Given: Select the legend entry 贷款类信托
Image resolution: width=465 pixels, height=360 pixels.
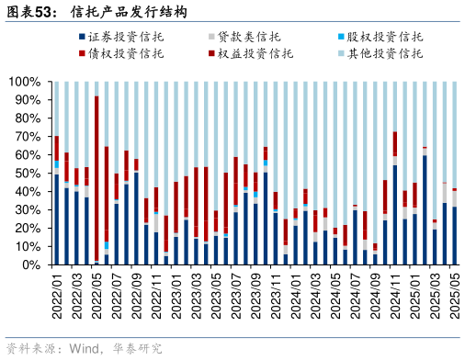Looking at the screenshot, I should [250, 37].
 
